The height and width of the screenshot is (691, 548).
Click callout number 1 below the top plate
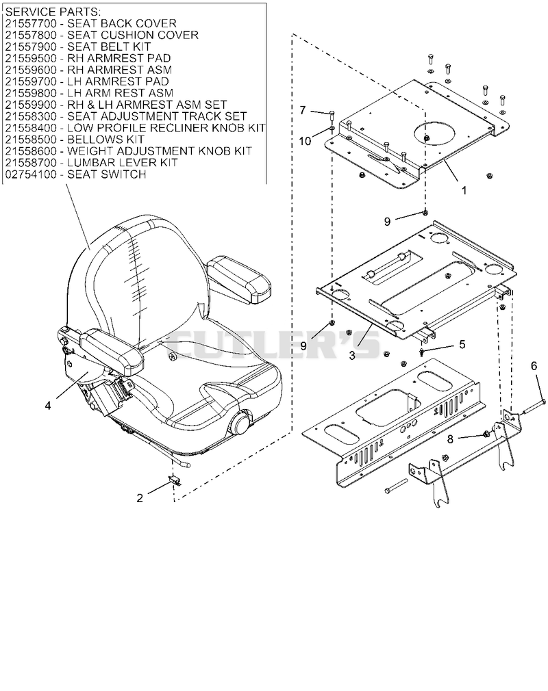(x=464, y=190)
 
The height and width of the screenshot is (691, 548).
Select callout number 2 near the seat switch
(x=140, y=498)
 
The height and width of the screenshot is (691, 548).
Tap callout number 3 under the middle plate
(x=352, y=355)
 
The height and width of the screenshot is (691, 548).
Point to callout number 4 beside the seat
(x=48, y=404)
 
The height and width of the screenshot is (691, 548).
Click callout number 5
(x=462, y=344)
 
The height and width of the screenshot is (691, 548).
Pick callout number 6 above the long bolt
(x=534, y=365)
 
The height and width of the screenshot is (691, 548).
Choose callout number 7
(x=303, y=110)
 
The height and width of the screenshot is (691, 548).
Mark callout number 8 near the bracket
(x=450, y=439)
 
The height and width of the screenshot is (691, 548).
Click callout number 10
(x=305, y=141)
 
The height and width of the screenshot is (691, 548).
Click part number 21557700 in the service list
(x=31, y=23)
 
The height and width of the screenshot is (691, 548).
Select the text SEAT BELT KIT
(x=109, y=47)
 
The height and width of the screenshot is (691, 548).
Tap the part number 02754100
(x=31, y=174)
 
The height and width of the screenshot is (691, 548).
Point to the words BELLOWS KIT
(x=106, y=140)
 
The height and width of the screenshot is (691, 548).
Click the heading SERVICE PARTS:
(x=53, y=12)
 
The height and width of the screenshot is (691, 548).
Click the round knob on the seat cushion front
(x=240, y=423)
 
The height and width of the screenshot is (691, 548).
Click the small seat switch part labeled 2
(x=175, y=480)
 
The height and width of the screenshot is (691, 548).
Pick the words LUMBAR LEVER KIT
(x=122, y=163)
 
